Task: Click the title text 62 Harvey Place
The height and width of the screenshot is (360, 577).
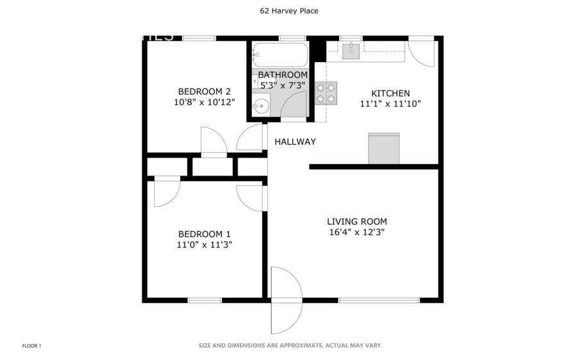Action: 288,11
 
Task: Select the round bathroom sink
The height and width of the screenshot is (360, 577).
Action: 261,106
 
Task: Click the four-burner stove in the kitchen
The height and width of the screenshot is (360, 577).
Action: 326,94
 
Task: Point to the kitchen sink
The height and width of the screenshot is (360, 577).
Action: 351,51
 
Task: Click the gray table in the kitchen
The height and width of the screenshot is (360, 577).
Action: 384,149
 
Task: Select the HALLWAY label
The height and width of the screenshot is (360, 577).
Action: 295,142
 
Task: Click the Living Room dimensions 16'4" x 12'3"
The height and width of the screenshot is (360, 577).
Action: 357,233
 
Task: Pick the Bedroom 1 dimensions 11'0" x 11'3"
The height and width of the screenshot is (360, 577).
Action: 204,244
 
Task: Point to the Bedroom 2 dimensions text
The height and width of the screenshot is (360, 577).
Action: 204,102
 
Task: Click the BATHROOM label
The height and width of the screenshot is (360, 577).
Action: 282,75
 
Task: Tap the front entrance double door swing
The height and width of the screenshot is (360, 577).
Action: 285,300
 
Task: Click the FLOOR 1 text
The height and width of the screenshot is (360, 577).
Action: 31,346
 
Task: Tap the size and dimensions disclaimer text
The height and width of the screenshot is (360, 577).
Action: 290,345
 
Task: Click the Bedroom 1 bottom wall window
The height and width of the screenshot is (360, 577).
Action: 205,300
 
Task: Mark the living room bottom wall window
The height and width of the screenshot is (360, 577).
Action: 379,300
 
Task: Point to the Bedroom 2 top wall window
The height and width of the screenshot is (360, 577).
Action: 199,38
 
